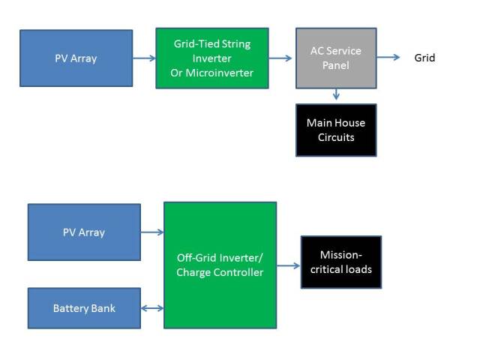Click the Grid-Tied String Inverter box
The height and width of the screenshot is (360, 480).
click(212, 58)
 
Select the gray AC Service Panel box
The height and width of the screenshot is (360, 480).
click(336, 58)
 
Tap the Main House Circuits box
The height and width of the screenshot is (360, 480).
click(336, 130)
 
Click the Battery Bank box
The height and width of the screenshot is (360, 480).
click(84, 308)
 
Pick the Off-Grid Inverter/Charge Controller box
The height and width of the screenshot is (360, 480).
click(220, 265)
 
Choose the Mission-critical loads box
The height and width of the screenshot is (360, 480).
click(341, 262)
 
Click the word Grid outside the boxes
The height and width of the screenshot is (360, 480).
click(424, 58)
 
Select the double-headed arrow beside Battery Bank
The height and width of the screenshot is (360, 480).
click(152, 308)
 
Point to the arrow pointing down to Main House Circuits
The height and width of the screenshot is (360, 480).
click(336, 94)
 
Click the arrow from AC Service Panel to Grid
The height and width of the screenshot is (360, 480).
click(388, 57)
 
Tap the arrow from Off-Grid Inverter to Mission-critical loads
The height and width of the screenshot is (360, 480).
click(288, 265)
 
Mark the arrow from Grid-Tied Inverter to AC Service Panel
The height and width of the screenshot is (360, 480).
click(280, 58)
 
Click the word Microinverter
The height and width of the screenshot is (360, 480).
click(220, 73)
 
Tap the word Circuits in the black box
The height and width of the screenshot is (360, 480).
click(336, 137)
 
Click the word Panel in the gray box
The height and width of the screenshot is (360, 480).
click(336, 65)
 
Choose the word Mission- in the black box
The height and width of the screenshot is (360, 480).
click(341, 255)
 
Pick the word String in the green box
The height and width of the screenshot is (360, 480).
click(236, 44)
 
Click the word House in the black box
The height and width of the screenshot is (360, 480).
click(350, 123)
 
